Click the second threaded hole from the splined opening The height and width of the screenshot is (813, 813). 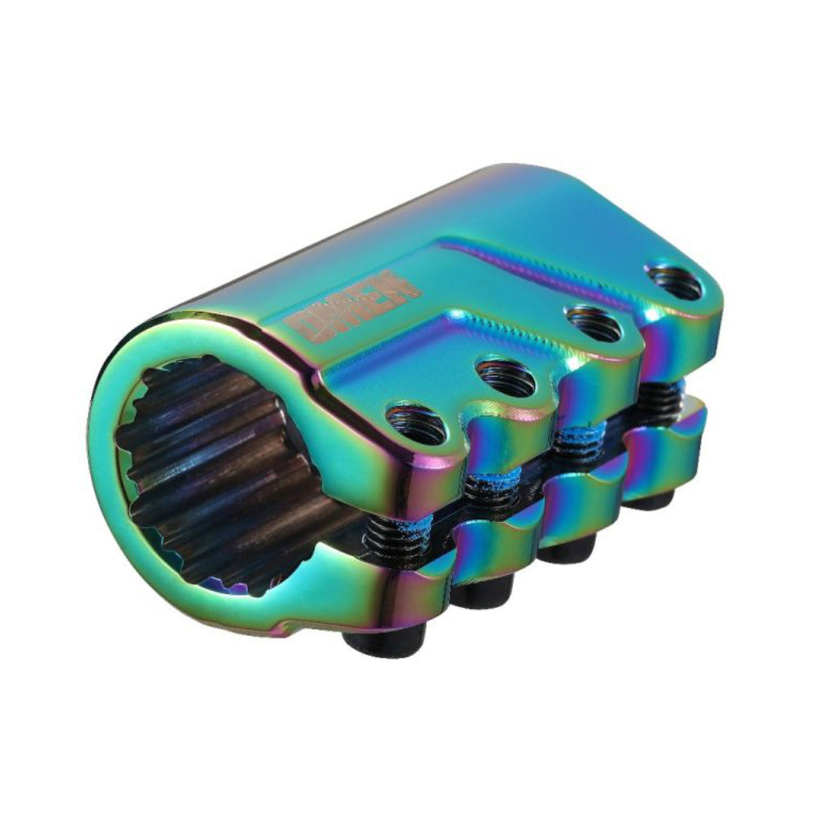tap(505, 376)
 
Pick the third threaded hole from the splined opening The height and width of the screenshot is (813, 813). tap(593, 324)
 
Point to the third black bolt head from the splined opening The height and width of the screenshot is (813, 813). tap(566, 551)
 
